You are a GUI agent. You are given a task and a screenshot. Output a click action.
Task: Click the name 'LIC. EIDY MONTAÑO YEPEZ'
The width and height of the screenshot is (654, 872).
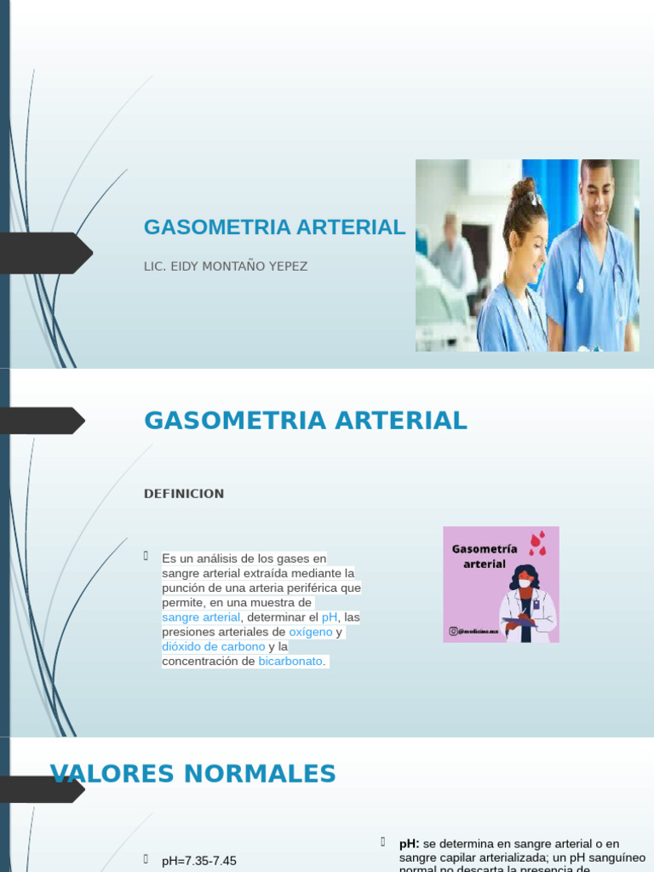226,267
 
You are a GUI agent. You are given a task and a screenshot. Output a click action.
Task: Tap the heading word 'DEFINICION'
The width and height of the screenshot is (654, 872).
185,494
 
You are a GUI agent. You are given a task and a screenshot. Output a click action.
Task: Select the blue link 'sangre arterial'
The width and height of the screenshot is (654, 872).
201,617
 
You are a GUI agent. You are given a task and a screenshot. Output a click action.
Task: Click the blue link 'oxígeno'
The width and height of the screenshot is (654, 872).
311,633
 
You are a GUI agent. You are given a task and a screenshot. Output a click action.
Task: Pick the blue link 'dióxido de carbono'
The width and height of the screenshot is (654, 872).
213,647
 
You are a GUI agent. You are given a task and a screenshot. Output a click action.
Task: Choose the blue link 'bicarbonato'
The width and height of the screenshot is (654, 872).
290,662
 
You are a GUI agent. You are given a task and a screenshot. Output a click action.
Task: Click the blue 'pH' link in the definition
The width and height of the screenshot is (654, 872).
330,617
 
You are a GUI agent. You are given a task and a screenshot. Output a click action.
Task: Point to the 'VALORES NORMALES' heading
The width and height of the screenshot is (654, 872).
193,774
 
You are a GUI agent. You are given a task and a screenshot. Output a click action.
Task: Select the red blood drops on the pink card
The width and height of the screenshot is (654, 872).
537,544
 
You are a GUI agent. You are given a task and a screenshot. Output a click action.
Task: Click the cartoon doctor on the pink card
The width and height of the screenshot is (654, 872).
526,603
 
